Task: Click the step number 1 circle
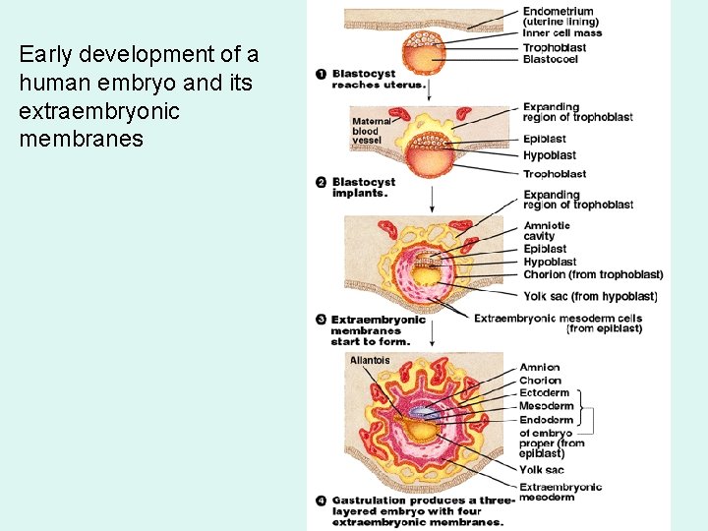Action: point(322,75)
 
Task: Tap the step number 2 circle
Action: point(322,182)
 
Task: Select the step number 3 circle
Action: point(322,320)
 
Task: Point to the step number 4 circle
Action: point(322,501)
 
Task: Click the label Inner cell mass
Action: point(562,33)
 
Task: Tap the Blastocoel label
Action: point(551,59)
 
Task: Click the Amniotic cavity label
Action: point(547,231)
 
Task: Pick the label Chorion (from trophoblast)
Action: point(593,274)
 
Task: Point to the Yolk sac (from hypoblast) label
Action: point(590,296)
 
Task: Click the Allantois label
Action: point(370,360)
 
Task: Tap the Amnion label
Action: point(540,368)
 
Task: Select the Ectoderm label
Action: point(544,393)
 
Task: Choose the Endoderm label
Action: point(546,420)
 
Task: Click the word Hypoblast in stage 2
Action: point(550,155)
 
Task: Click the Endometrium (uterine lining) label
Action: point(560,17)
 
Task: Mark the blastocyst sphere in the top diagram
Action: point(426,53)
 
